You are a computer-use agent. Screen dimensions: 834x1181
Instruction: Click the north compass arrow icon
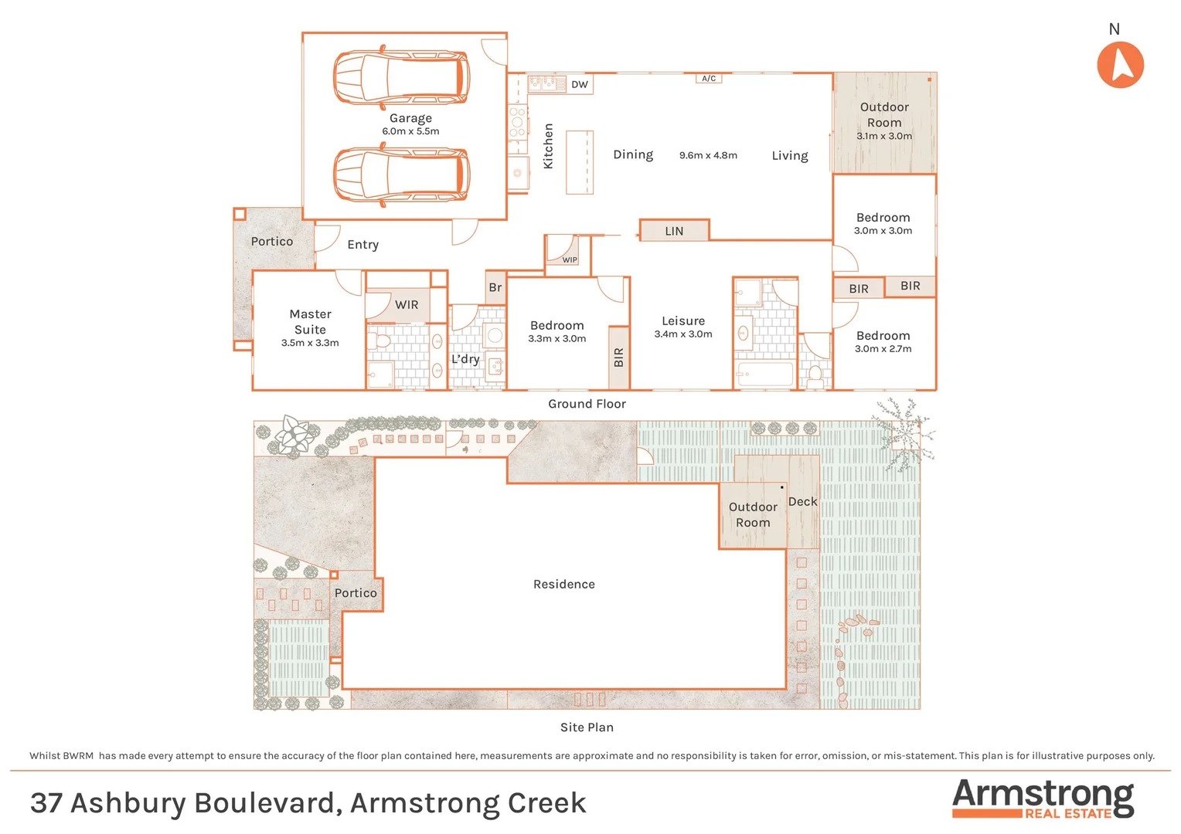pos(1120,65)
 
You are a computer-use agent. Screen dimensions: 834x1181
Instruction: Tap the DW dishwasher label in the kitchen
pos(580,84)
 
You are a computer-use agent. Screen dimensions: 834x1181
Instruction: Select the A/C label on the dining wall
pos(709,79)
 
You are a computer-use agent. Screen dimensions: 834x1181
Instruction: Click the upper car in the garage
pos(401,77)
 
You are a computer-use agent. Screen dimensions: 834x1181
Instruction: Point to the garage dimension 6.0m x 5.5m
pos(410,131)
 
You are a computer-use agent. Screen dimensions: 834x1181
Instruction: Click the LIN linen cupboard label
pos(674,231)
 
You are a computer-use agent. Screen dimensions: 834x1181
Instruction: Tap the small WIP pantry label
pos(570,260)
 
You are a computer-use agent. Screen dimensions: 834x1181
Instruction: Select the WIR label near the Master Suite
pos(407,305)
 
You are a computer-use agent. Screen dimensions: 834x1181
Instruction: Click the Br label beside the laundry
pos(495,287)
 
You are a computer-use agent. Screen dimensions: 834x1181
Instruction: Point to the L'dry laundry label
pos(465,359)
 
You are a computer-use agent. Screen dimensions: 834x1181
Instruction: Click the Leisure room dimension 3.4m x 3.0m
pos(683,334)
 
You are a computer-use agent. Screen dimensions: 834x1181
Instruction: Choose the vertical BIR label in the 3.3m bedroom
pos(618,358)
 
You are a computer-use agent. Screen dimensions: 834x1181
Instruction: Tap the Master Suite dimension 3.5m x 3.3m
pos(310,343)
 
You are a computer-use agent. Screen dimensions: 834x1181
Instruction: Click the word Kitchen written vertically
pos(548,146)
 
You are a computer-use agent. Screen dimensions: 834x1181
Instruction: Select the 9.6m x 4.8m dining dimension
pos(708,155)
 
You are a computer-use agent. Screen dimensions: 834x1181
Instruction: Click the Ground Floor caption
pos(587,404)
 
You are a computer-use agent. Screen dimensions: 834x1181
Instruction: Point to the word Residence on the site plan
pos(564,585)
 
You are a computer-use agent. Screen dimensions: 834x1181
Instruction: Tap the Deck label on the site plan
pos(802,502)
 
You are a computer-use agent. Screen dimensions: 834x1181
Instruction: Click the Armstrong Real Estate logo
pos(1043,798)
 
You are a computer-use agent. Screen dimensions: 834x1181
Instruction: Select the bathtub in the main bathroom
pos(764,375)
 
